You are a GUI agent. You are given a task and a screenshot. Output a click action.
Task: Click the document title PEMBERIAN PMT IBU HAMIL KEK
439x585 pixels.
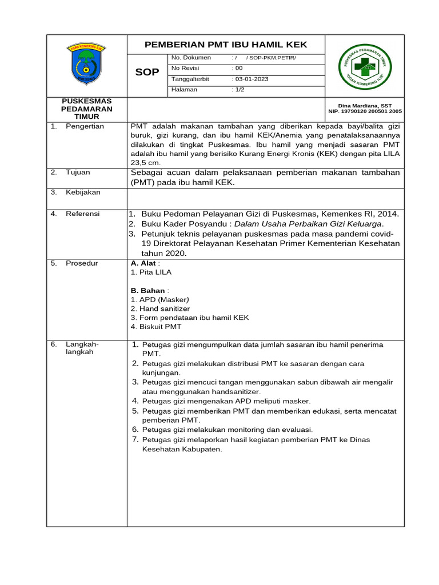click(226, 45)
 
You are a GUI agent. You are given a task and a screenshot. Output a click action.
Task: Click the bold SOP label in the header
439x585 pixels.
click(147, 73)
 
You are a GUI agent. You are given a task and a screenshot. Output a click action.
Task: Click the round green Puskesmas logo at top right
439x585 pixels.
click(364, 66)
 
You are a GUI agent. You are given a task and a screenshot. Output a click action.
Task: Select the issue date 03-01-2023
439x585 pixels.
click(251, 79)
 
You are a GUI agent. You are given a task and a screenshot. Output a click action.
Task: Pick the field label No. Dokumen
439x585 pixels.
click(191, 58)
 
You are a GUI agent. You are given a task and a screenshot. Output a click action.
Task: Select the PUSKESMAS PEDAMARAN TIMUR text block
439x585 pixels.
click(87, 109)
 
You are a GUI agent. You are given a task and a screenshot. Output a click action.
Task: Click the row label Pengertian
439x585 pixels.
click(85, 126)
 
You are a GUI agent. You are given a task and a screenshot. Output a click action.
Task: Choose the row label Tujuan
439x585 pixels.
click(78, 172)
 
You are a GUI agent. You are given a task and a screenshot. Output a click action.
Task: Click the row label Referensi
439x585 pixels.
click(82, 214)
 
